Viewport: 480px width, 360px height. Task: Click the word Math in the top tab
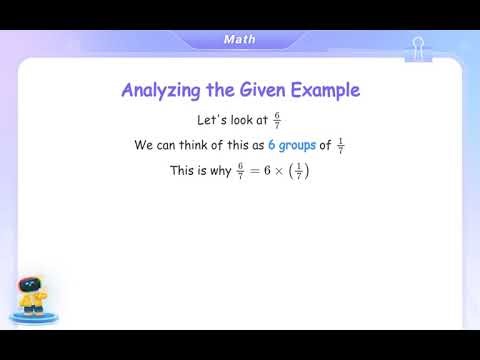(239, 40)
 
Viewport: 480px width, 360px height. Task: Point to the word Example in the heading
(329, 91)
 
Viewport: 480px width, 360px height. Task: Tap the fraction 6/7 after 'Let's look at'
(277, 119)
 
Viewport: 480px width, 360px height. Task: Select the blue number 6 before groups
(272, 145)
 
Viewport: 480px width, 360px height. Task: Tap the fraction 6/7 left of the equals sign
(240, 171)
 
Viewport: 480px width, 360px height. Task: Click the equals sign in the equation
(254, 171)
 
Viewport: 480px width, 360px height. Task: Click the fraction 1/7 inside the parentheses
(300, 171)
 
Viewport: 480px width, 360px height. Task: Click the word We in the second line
(143, 145)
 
